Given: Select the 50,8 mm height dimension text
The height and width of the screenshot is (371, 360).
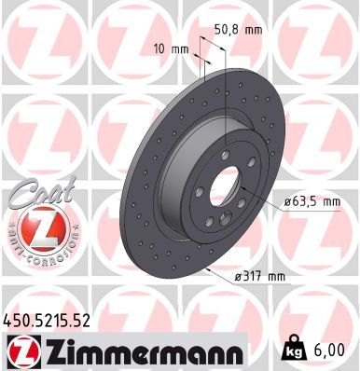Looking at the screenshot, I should point(240,30).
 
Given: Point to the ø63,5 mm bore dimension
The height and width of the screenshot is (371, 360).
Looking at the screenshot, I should point(312,199).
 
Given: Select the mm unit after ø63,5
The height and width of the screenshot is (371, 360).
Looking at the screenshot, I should point(330,199).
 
